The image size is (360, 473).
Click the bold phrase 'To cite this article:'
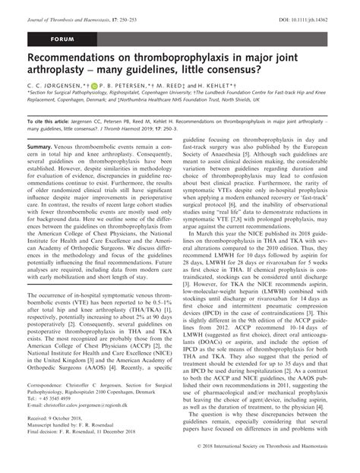click(x=51, y=141)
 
